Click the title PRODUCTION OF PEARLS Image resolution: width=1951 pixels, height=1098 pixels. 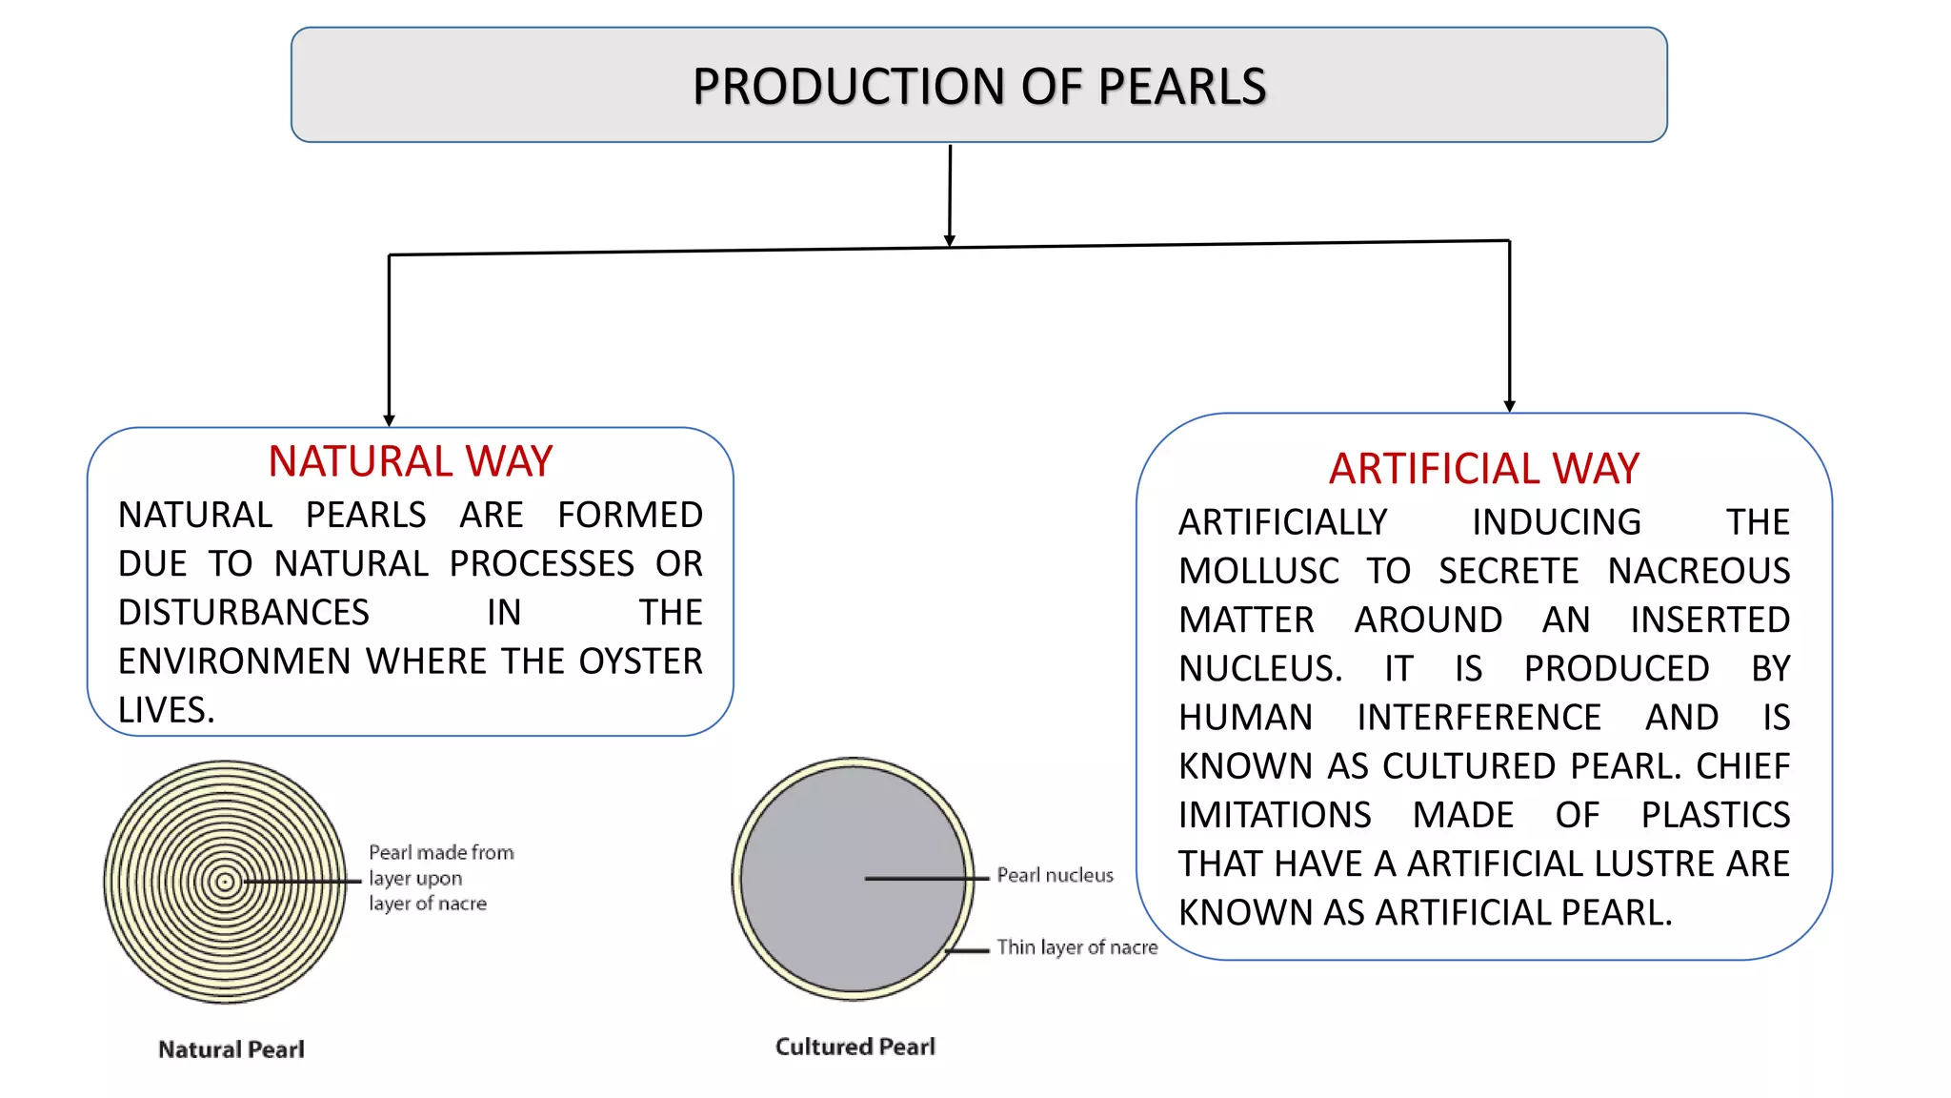978,86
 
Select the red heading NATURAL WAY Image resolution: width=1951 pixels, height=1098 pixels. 410,462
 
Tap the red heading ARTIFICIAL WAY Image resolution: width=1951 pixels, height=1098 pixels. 1483,469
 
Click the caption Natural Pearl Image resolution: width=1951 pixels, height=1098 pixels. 231,1049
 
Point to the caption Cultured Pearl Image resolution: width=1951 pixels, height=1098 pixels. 855,1047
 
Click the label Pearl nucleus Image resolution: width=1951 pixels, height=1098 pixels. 1055,875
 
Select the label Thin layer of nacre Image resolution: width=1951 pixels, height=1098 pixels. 1076,947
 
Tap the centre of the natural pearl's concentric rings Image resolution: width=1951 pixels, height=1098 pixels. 226,882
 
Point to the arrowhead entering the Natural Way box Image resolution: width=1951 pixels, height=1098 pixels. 389,420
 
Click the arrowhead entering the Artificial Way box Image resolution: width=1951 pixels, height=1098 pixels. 1509,406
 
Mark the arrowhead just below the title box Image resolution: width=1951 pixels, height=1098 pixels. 950,240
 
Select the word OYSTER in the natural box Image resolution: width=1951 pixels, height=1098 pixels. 640,661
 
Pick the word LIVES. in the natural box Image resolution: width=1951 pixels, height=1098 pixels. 167,710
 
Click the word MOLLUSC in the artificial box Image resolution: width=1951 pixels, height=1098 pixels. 1258,571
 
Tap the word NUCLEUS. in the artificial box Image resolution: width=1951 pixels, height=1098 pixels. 1260,669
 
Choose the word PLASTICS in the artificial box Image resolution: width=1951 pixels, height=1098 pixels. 1715,815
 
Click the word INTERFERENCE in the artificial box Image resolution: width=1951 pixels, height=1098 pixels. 1478,718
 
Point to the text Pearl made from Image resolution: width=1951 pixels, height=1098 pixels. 441,852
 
